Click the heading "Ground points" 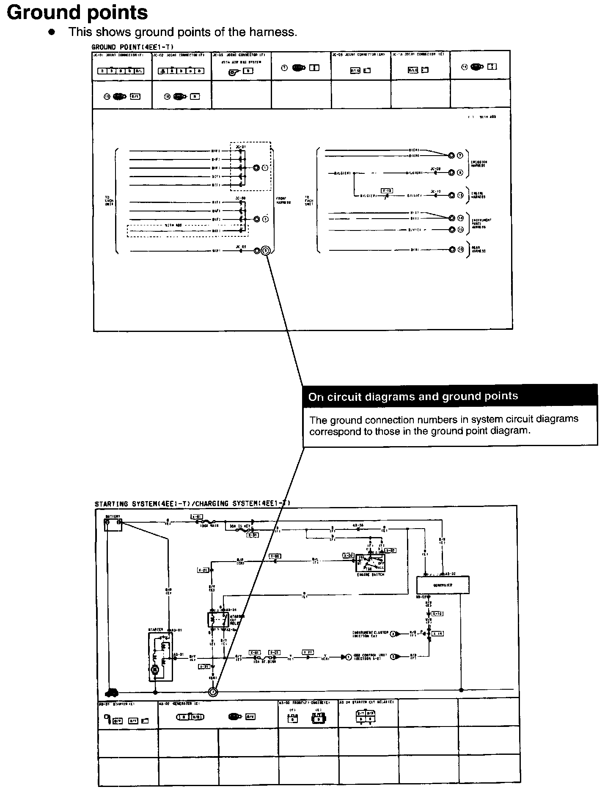point(77,13)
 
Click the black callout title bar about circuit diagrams point(450,396)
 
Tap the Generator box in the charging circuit point(443,585)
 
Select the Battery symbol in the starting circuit point(113,524)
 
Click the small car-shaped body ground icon point(112,692)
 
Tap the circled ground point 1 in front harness point(265,168)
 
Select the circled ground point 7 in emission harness point(460,155)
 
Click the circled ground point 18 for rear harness point(460,249)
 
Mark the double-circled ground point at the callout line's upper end point(266,250)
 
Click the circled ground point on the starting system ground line point(213,692)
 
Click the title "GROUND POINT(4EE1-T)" point(132,47)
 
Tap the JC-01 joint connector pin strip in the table point(121,71)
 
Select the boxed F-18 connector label point(386,191)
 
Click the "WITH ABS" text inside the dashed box point(173,225)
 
